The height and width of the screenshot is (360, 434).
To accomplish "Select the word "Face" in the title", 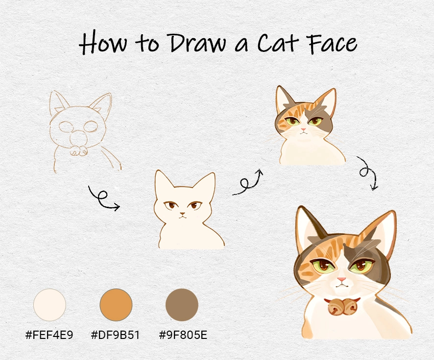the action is pyautogui.click(x=332, y=43).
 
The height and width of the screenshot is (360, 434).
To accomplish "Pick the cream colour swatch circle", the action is pyautogui.click(x=49, y=305).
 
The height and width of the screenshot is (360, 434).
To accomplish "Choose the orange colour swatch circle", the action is pyautogui.click(x=116, y=305).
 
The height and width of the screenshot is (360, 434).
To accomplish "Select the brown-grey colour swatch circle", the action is pyautogui.click(x=182, y=305).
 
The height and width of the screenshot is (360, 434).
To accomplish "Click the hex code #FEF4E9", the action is pyautogui.click(x=49, y=335).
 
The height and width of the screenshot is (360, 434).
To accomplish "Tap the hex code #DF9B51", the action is pyautogui.click(x=115, y=335).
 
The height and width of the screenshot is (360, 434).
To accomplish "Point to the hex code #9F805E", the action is pyautogui.click(x=183, y=335).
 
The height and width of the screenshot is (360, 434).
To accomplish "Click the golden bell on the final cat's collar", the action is pyautogui.click(x=342, y=307).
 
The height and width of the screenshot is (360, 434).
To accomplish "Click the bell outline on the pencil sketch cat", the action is pyautogui.click(x=78, y=151).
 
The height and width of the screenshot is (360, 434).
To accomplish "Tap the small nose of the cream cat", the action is pyautogui.click(x=182, y=214).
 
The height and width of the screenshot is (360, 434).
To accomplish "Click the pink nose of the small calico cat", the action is pyautogui.click(x=304, y=129).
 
